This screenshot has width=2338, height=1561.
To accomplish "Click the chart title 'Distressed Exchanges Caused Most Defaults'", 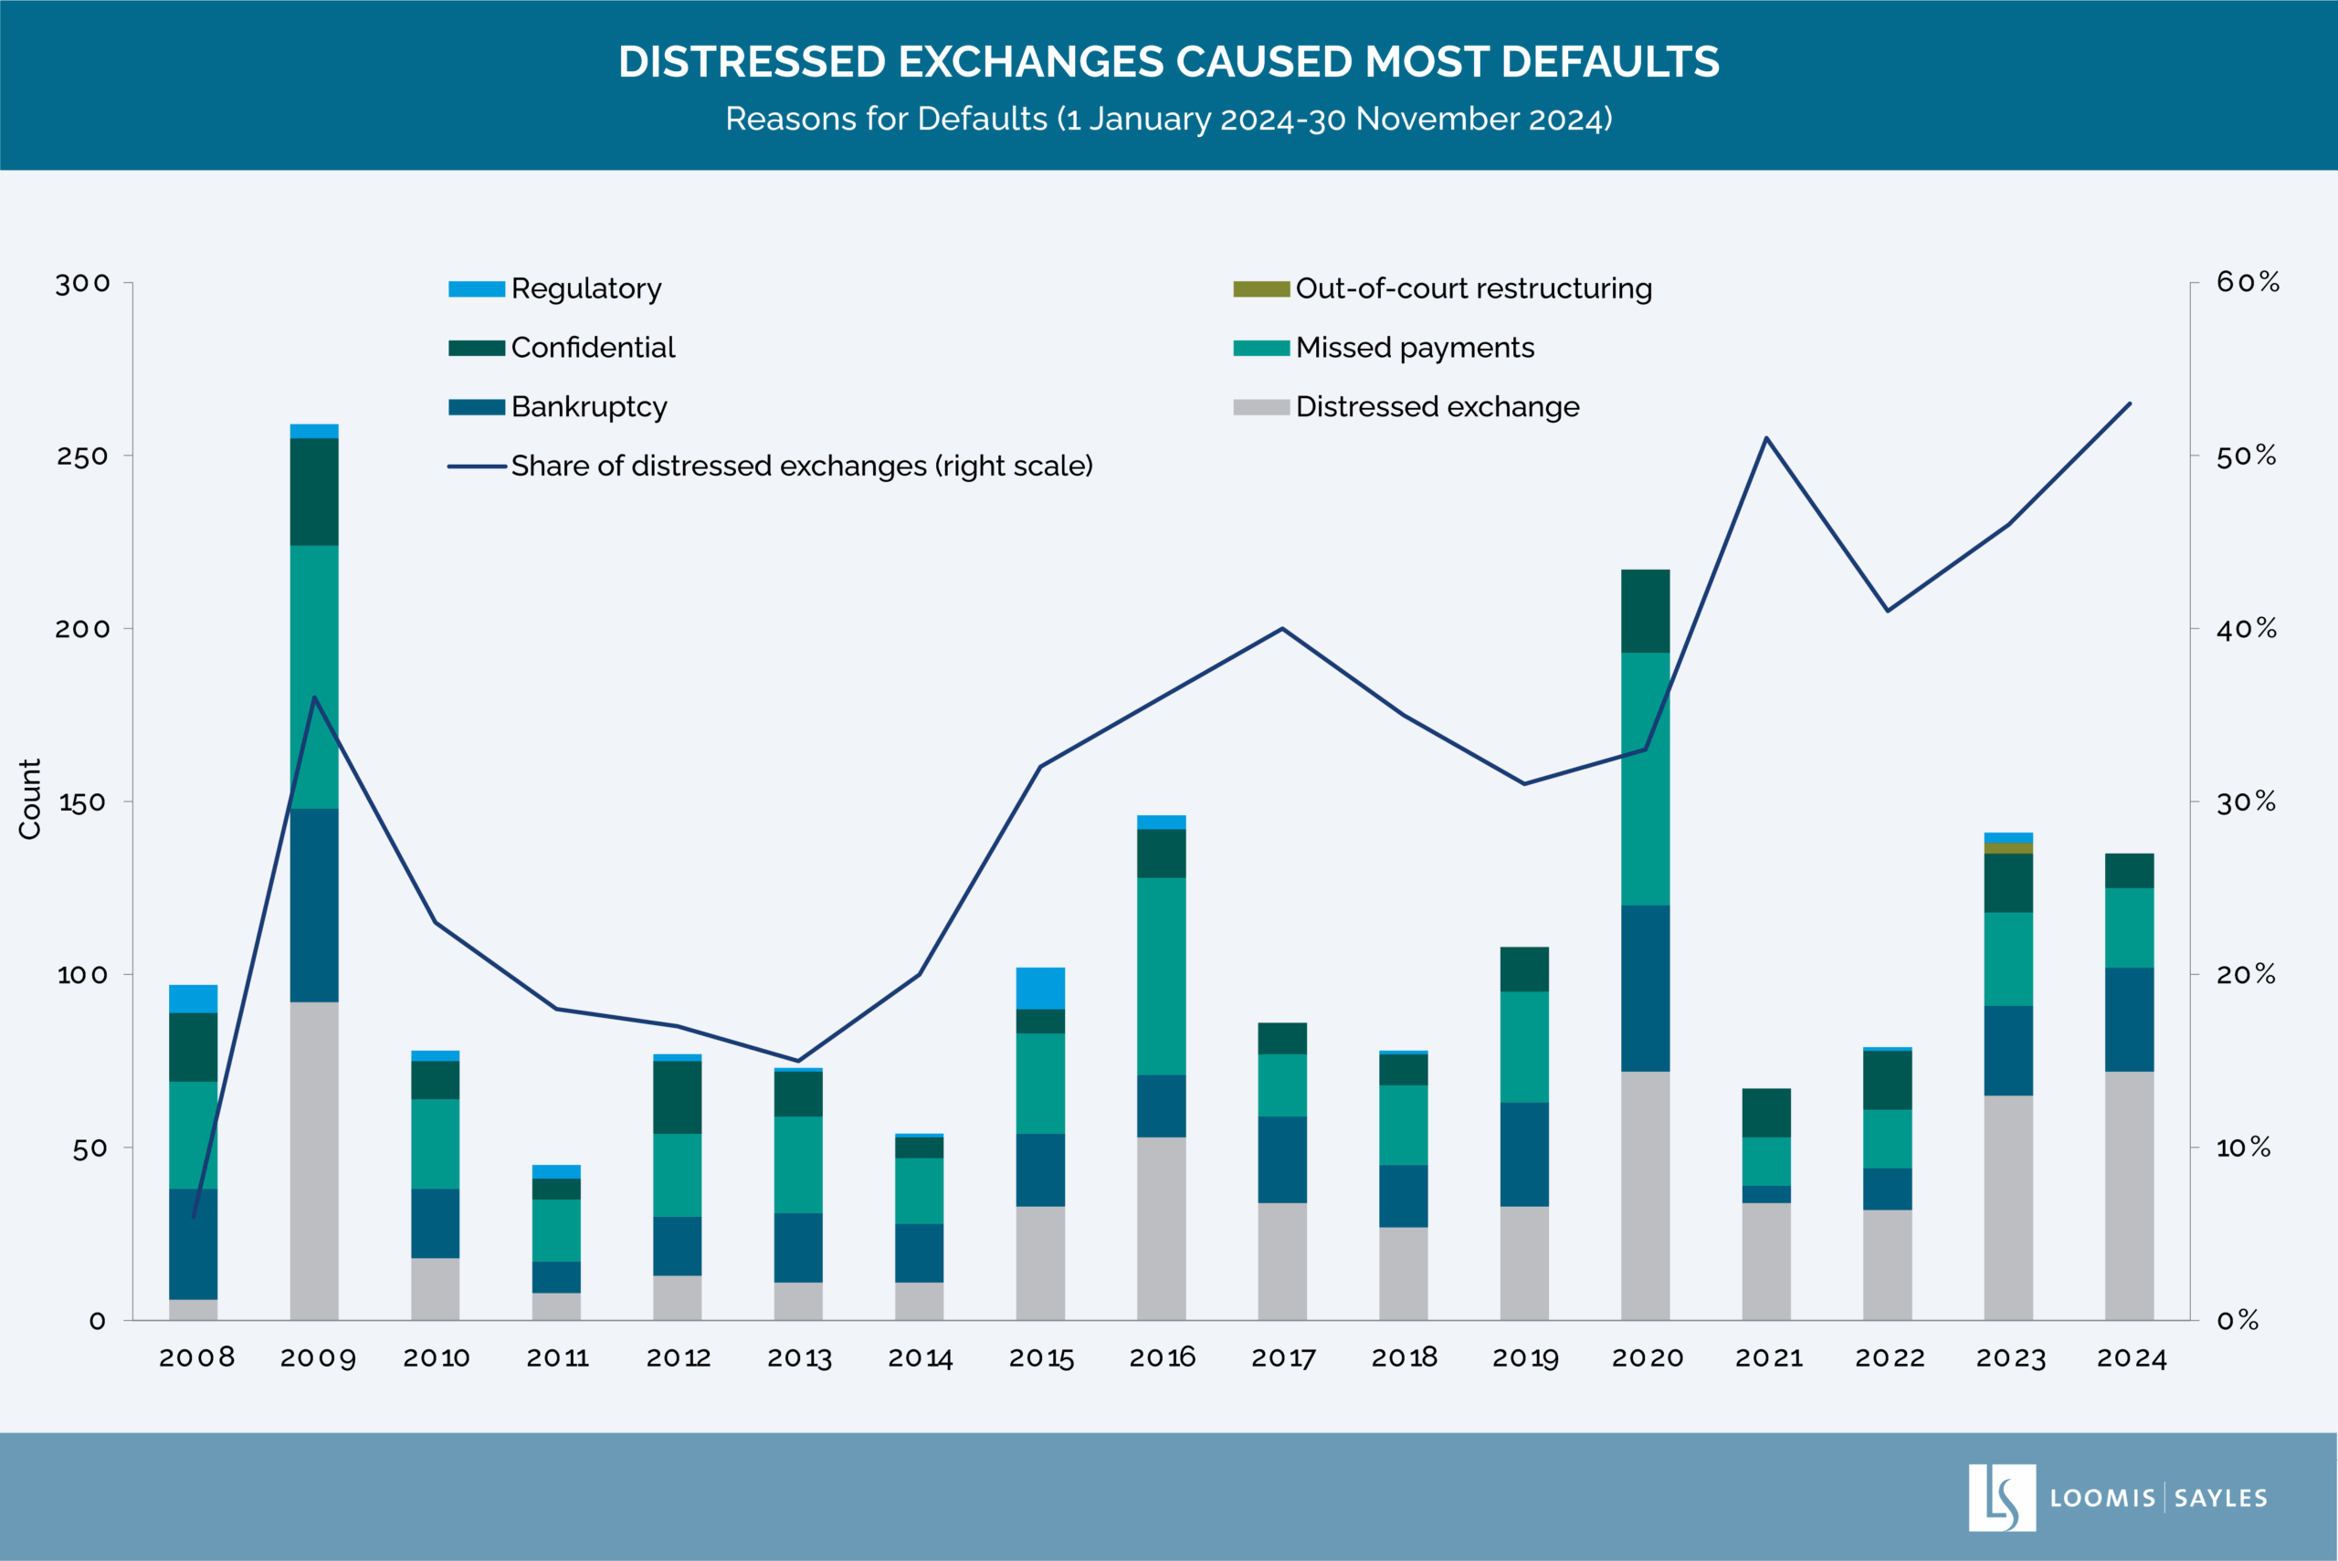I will [1168, 62].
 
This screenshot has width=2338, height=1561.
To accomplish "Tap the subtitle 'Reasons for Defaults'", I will [1168, 119].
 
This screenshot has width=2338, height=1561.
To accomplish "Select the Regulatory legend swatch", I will [476, 288].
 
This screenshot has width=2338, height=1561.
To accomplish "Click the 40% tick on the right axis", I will [2247, 629].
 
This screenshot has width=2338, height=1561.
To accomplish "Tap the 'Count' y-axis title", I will [30, 800].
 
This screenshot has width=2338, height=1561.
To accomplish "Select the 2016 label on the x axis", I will [1162, 1358].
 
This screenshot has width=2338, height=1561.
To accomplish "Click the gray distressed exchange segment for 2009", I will [313, 1160].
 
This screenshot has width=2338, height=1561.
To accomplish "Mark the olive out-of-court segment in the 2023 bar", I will [2007, 848].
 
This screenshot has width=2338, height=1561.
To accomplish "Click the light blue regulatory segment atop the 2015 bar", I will [1039, 988].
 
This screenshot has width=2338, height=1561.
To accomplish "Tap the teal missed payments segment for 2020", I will [1645, 779].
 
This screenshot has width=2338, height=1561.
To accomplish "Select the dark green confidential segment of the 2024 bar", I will [2129, 870].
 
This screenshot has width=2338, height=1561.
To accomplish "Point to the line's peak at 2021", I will [1765, 438].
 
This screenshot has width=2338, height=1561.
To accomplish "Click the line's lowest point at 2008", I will [194, 1217].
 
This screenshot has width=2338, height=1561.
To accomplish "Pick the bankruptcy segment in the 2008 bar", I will [194, 1243].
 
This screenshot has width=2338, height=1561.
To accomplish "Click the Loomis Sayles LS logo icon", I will [2001, 1497].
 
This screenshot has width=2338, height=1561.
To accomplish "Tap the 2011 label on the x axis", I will [558, 1358].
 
